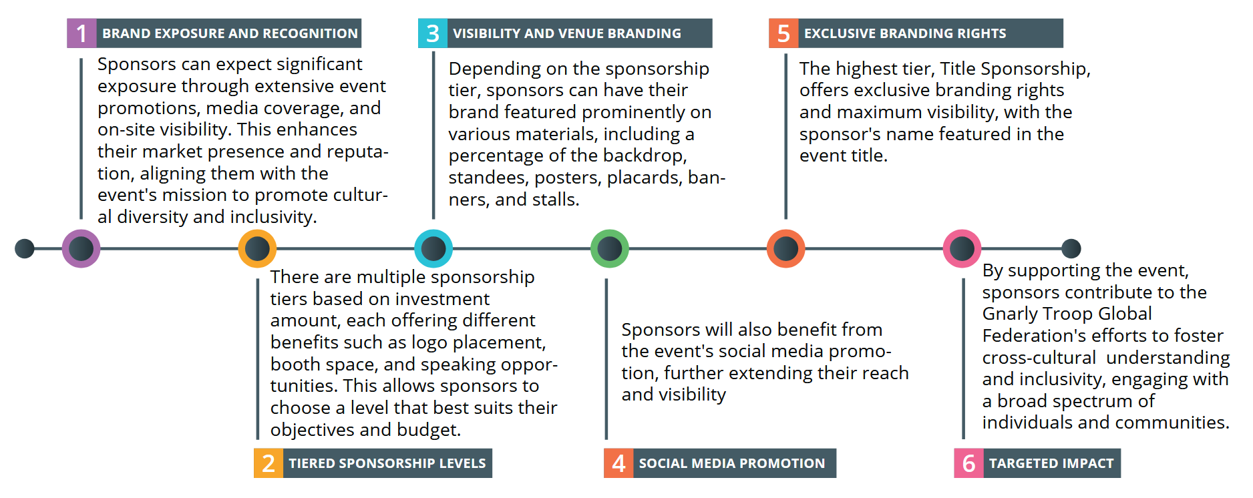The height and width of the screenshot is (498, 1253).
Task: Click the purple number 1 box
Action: click(81, 33)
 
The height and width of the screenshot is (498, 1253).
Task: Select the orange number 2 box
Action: click(268, 463)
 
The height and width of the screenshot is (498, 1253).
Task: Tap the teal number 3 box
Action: click(432, 33)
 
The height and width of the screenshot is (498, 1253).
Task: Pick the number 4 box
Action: click(618, 463)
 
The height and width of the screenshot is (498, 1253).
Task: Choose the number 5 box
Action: click(783, 33)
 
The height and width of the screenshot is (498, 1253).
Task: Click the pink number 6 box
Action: click(968, 463)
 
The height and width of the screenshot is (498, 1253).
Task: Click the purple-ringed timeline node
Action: click(81, 249)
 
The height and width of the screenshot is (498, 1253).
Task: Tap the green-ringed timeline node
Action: click(609, 249)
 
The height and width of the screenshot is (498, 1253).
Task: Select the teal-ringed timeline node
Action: click(433, 249)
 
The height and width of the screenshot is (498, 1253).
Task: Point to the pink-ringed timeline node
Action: click(962, 249)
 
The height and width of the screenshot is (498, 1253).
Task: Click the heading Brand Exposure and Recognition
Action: click(230, 33)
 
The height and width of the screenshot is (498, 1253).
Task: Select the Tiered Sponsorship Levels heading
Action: click(387, 463)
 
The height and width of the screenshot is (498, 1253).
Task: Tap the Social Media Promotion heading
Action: click(732, 463)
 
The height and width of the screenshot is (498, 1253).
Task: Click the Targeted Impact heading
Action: click(1051, 463)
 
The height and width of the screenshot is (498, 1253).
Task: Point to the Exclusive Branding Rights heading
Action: click(905, 33)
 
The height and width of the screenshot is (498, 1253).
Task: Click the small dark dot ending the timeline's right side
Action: click(1071, 248)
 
